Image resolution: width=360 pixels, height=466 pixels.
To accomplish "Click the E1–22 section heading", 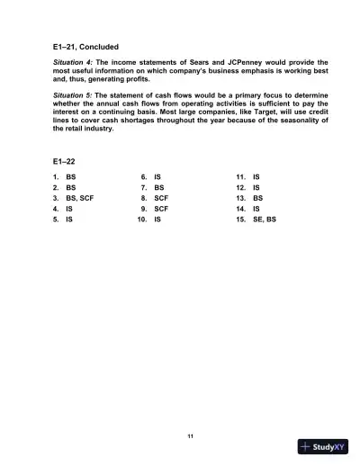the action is coord(64,162).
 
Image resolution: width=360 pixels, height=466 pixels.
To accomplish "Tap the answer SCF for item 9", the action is coord(161,209).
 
